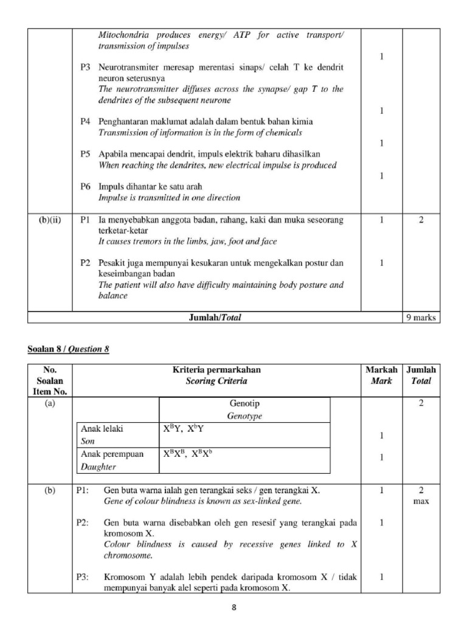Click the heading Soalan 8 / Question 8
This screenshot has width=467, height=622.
pos(68,349)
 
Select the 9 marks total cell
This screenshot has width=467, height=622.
pos(421,318)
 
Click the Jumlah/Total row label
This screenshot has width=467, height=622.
pos(215,318)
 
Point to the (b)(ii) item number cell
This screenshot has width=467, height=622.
pos(50,220)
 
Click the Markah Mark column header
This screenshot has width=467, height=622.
pos(381,375)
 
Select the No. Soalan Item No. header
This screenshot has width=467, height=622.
pos(50,381)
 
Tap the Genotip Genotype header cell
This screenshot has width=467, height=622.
pos(244,409)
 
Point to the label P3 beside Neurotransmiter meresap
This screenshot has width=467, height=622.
pos(86,67)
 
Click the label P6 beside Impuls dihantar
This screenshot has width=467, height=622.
pos(86,186)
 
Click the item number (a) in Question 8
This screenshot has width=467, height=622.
pos(50,403)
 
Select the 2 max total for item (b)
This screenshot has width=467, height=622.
pos(421,495)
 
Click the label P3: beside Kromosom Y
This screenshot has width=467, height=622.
pos(83,577)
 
